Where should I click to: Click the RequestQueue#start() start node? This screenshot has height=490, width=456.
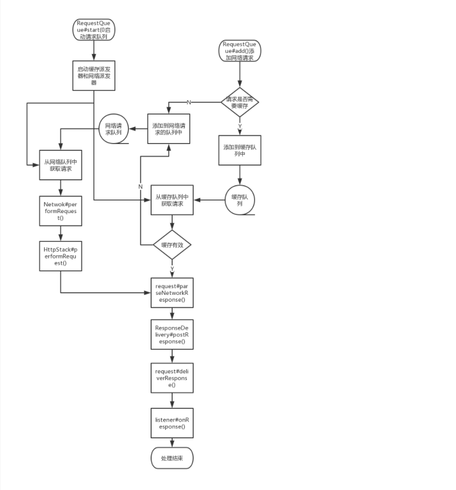93,30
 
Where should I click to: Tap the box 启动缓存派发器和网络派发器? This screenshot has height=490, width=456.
93,76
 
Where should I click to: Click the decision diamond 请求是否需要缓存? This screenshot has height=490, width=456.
240,102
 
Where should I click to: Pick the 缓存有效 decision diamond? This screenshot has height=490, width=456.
172,245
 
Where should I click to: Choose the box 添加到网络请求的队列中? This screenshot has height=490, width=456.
168,129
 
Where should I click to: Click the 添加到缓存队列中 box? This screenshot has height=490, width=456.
240,150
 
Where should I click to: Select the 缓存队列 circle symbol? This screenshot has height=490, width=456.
240,200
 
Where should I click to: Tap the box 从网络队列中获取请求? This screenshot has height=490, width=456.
61,166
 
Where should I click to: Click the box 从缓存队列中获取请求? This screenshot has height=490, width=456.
171,200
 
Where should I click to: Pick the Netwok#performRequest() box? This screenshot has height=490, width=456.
61,210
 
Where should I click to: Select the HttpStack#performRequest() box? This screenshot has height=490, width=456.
61,256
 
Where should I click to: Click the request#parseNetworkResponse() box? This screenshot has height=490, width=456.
171,291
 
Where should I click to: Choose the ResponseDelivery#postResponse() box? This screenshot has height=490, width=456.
171,334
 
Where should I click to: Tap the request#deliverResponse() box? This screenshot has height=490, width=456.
171,377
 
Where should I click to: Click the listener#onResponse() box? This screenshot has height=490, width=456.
171,423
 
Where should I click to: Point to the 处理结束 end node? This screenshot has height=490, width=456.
172,458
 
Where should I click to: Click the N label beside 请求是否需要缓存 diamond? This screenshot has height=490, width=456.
189,102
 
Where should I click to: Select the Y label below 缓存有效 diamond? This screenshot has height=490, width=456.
172,269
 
